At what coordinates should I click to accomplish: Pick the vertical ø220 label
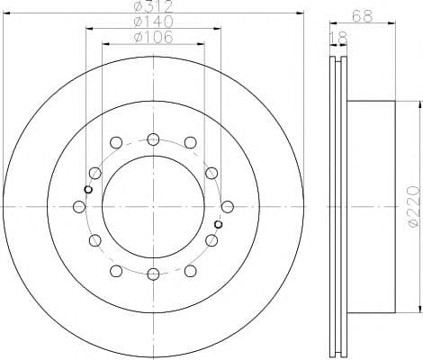413,206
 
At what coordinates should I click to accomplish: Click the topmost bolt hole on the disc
153,139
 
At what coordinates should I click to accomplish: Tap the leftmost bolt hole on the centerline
79,207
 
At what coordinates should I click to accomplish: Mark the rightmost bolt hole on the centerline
227,207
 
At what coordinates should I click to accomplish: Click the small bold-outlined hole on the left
87,189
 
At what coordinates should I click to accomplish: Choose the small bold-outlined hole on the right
219,225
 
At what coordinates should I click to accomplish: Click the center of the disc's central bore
153,207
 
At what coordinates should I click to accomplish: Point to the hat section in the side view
369,207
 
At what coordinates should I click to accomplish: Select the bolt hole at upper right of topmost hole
190,143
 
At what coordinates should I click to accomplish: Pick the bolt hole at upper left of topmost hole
116,143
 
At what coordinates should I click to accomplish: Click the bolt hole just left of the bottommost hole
116,271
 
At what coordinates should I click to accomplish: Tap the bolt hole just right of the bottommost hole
190,271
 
